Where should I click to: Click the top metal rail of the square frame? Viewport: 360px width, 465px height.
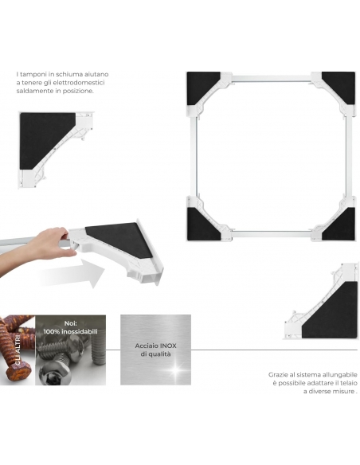click(271, 79)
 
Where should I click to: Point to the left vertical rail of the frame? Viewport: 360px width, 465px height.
click(196, 156)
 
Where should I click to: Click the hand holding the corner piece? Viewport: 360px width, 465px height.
click(48, 244)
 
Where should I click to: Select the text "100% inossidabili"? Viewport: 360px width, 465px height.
click(70, 331)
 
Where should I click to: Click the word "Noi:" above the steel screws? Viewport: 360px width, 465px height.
click(71, 323)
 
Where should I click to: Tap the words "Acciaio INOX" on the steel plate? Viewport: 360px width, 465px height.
click(155, 346)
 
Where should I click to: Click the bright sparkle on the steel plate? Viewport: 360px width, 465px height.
click(175, 369)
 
